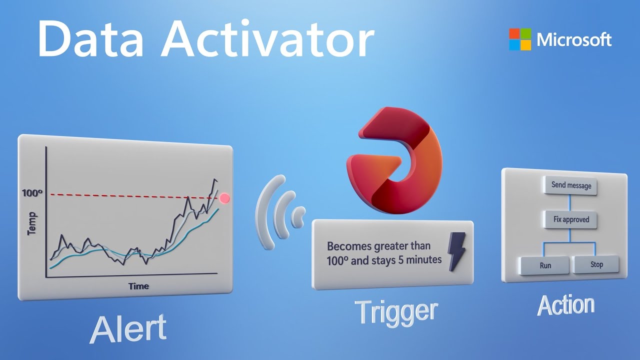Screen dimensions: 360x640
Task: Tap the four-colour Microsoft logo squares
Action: click(520, 39)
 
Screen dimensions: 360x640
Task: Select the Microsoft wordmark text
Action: click(574, 39)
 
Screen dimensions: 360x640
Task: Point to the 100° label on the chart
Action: click(33, 192)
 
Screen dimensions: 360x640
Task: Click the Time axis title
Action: click(138, 286)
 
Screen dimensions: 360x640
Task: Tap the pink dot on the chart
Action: click(225, 198)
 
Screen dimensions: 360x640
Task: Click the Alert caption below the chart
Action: click(128, 328)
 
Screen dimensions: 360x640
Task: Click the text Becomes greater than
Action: click(378, 246)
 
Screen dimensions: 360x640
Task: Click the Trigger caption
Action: click(396, 311)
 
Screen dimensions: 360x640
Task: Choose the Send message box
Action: click(570, 185)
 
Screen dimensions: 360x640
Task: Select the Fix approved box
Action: click(570, 219)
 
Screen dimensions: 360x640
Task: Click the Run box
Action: click(545, 265)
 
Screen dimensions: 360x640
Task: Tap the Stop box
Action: click(596, 264)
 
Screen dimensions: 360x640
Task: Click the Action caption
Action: click(565, 305)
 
